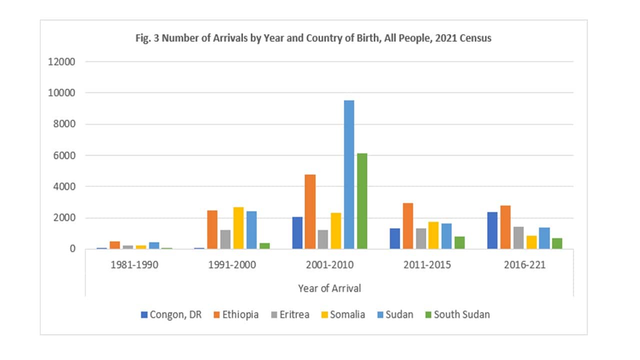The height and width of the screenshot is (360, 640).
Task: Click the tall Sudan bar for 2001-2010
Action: click(349, 174)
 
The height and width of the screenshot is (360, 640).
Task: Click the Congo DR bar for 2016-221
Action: click(492, 230)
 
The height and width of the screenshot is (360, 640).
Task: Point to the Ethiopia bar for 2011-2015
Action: click(407, 226)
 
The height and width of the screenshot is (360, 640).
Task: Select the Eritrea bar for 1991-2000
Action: click(225, 239)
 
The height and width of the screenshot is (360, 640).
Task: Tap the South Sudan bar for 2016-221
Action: click(557, 243)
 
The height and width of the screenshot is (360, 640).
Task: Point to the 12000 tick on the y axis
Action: click(60, 62)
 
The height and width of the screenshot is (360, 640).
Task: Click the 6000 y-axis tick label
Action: click(63, 155)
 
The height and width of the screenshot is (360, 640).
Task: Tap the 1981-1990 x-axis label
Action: click(134, 265)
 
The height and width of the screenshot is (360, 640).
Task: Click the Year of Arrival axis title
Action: click(329, 288)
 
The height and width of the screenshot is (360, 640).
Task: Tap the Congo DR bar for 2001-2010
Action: click(297, 233)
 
